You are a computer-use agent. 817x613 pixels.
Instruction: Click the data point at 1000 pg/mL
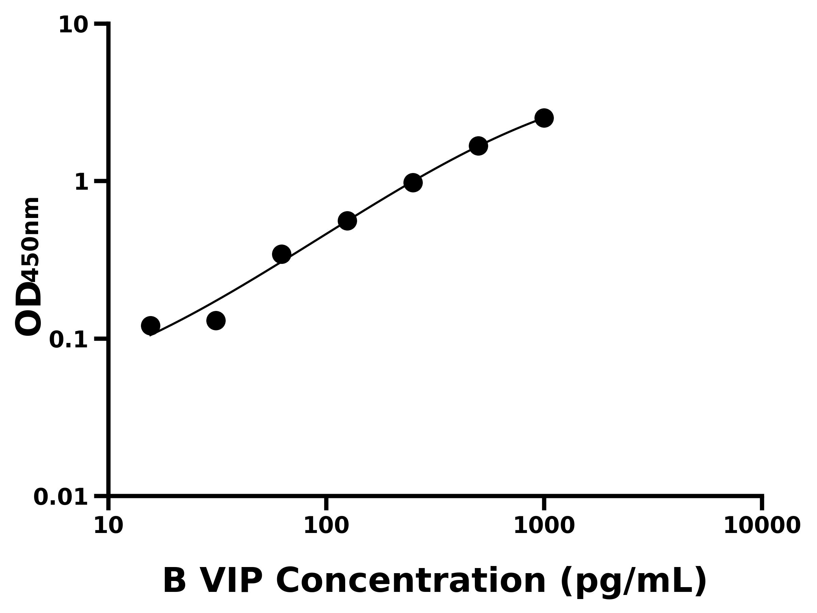pyautogui.click(x=544, y=118)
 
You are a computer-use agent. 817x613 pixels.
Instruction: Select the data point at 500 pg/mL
pyautogui.click(x=478, y=146)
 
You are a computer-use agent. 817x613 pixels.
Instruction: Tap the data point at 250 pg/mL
pyautogui.click(x=413, y=183)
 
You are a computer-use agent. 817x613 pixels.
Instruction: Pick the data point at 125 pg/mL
pyautogui.click(x=347, y=221)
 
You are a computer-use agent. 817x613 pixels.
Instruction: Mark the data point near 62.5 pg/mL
pyautogui.click(x=282, y=254)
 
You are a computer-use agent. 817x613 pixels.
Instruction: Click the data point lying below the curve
pyautogui.click(x=216, y=320)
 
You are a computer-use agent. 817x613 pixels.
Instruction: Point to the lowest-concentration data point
pyautogui.click(x=150, y=326)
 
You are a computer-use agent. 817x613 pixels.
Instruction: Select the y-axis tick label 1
pyautogui.click(x=82, y=183)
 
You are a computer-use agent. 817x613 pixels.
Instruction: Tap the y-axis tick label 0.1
pyautogui.click(x=69, y=340)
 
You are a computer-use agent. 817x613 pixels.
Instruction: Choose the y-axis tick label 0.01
pyautogui.click(x=61, y=497)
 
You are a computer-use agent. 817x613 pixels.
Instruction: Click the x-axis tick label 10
pyautogui.click(x=108, y=526)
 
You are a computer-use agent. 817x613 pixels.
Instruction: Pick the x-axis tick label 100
pyautogui.click(x=326, y=526)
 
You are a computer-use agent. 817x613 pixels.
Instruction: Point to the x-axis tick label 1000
pyautogui.click(x=544, y=526)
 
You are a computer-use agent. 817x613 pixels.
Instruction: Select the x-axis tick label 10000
pyautogui.click(x=762, y=526)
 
